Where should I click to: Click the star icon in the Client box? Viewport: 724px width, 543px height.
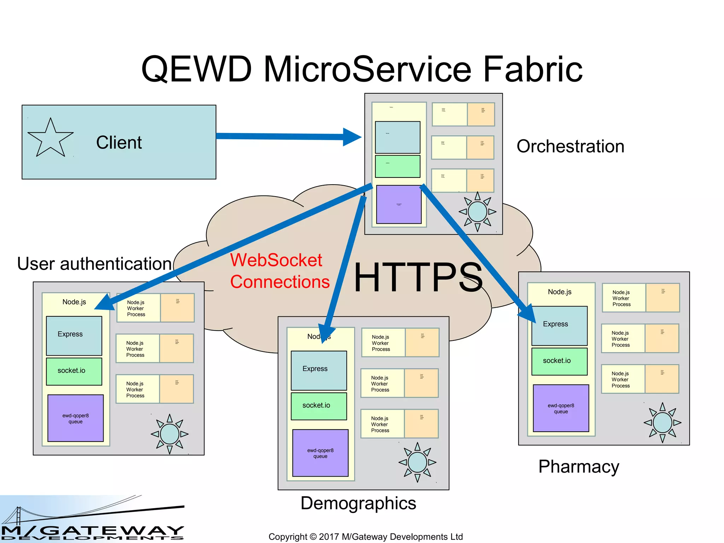coord(51,139)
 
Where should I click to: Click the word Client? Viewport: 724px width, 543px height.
coord(119,143)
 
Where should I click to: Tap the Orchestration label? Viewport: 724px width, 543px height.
coord(570,146)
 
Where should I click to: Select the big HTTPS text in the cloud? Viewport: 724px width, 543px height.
coord(418,278)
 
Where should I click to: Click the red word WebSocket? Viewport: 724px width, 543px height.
coord(276,260)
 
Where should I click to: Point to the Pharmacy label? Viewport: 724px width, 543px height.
coord(579,467)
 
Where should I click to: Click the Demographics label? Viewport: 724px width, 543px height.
coord(358,503)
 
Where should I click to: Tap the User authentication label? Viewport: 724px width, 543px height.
coord(94,264)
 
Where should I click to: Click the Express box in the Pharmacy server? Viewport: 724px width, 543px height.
coord(559,326)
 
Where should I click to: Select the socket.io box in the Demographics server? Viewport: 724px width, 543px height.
coord(319,406)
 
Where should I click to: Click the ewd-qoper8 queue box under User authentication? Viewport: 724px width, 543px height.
coord(75,418)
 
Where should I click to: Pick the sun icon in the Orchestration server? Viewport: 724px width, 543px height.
coord(477,212)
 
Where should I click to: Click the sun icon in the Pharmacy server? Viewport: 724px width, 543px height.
coord(662,422)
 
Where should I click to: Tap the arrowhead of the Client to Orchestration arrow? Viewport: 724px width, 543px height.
coord(352,137)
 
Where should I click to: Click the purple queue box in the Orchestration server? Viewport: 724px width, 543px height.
coord(399,204)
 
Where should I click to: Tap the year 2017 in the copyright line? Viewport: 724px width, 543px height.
coord(329,537)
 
